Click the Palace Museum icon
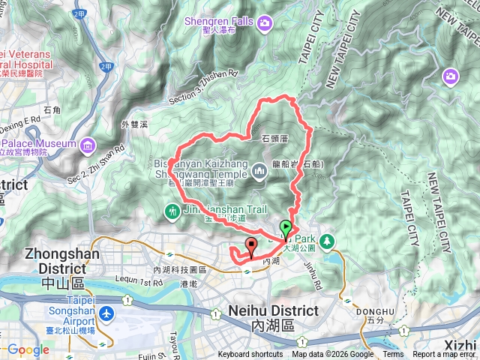tap(88, 143)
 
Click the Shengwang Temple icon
tap(259, 172)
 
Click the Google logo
tap(28, 349)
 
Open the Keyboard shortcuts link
tap(250, 355)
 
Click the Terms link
tap(392, 355)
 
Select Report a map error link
tap(445, 355)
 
